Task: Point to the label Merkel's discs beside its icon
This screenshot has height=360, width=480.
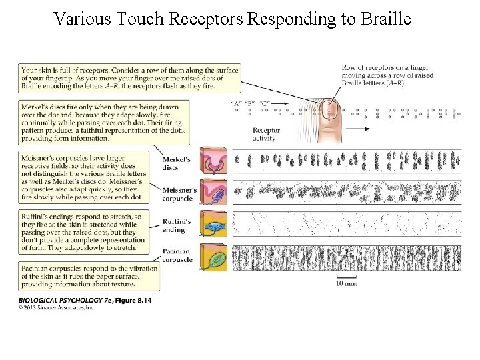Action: (x=177, y=163)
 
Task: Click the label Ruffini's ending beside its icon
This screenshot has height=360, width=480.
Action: (x=177, y=226)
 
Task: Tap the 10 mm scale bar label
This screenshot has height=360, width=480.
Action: (x=345, y=283)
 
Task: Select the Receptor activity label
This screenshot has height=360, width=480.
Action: (x=266, y=135)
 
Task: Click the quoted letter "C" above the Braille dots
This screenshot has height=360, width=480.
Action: (x=265, y=103)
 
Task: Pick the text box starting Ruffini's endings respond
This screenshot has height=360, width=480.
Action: (x=89, y=232)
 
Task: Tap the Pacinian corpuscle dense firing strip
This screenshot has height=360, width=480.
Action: (x=347, y=258)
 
